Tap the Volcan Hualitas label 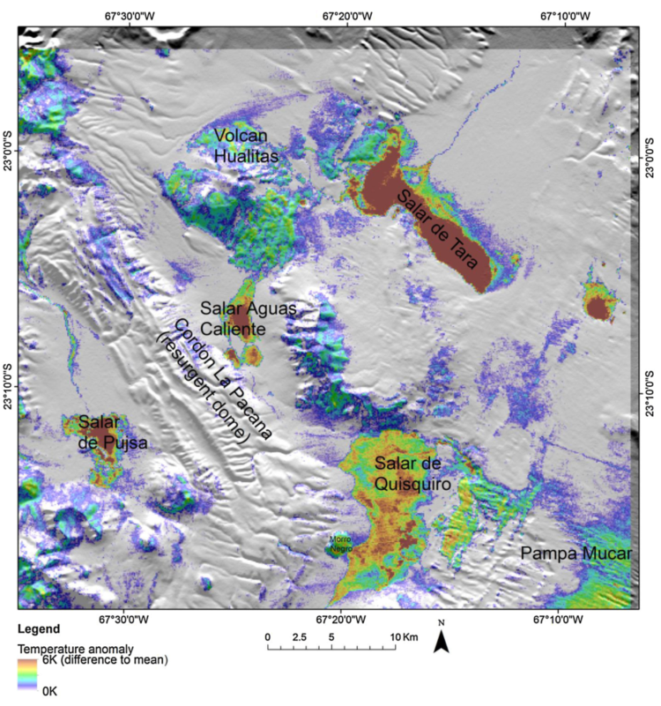point(246,146)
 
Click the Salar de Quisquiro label point(412,473)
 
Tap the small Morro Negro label point(340,543)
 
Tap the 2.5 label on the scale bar point(299,636)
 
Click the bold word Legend point(39,629)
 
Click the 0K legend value point(51,692)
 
